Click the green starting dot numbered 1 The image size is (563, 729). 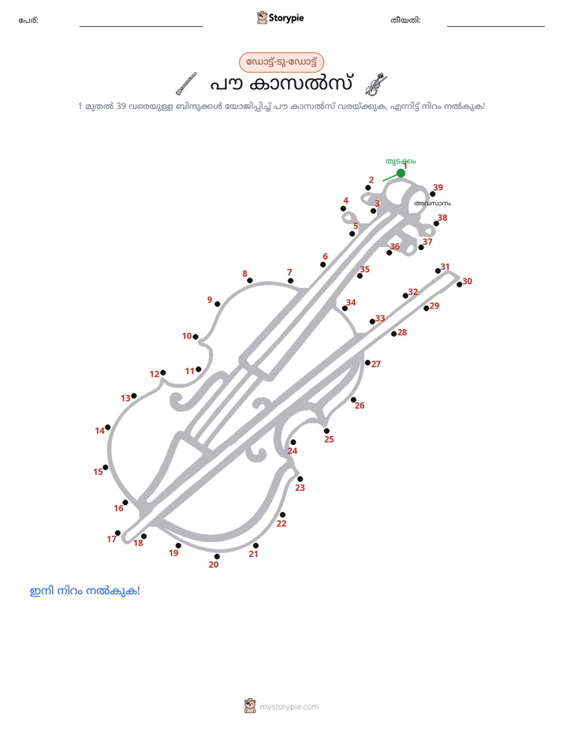point(401,174)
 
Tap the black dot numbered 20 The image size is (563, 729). point(217,556)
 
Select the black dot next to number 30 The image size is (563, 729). point(460,285)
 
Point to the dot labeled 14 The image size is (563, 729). point(108,428)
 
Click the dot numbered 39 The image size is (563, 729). point(432,194)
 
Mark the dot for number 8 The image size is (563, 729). point(250,280)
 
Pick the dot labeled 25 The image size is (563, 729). point(326,431)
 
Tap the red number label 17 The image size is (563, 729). point(111,539)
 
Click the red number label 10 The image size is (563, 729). point(187,335)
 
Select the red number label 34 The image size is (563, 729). point(351,302)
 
